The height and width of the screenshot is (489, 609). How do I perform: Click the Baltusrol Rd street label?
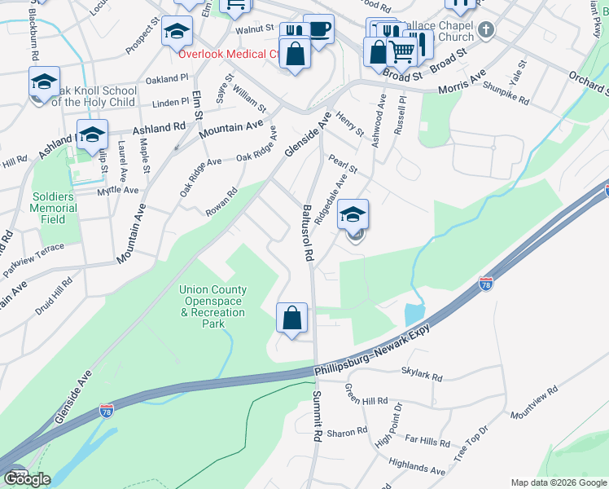click(x=309, y=231)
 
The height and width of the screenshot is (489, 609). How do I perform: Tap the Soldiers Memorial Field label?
click(x=55, y=209)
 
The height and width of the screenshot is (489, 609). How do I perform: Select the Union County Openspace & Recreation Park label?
click(x=202, y=306)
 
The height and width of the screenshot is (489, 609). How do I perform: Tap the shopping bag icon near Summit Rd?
click(x=291, y=318)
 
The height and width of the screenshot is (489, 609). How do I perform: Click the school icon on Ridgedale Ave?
click(x=353, y=214)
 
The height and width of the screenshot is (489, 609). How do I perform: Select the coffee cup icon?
click(x=318, y=29)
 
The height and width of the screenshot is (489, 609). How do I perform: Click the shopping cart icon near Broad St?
click(x=401, y=51)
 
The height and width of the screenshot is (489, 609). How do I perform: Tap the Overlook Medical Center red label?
click(x=230, y=54)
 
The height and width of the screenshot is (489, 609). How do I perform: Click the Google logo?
click(x=27, y=479)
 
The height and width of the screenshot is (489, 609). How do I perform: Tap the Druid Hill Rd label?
click(x=55, y=296)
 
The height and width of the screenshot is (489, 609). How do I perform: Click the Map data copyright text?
click(x=557, y=482)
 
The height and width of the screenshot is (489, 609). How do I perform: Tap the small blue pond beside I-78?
click(x=413, y=313)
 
